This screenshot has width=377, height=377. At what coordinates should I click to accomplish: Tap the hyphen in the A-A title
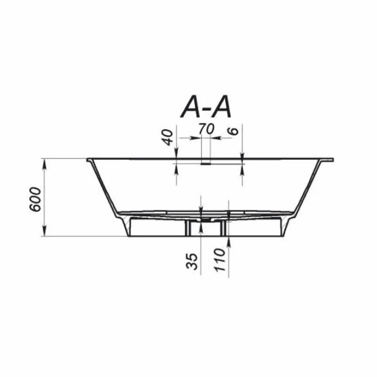(205, 110)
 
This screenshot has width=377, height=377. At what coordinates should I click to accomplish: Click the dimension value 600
(35, 199)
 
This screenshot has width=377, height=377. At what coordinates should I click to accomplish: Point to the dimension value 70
(206, 129)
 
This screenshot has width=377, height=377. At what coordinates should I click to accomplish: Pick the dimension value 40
(168, 137)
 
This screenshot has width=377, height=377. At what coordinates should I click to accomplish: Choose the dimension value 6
(233, 131)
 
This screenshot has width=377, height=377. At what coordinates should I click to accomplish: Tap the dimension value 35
(192, 262)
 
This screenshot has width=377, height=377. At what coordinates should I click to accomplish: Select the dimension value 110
(220, 260)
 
